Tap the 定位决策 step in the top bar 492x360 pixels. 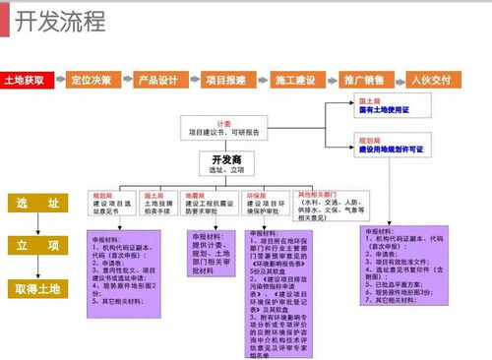click(x=90, y=80)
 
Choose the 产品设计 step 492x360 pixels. click(x=157, y=80)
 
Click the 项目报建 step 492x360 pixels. click(x=225, y=80)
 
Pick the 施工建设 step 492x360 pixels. click(x=293, y=80)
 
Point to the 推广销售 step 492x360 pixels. click(x=361, y=80)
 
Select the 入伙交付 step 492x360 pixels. click(x=430, y=80)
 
